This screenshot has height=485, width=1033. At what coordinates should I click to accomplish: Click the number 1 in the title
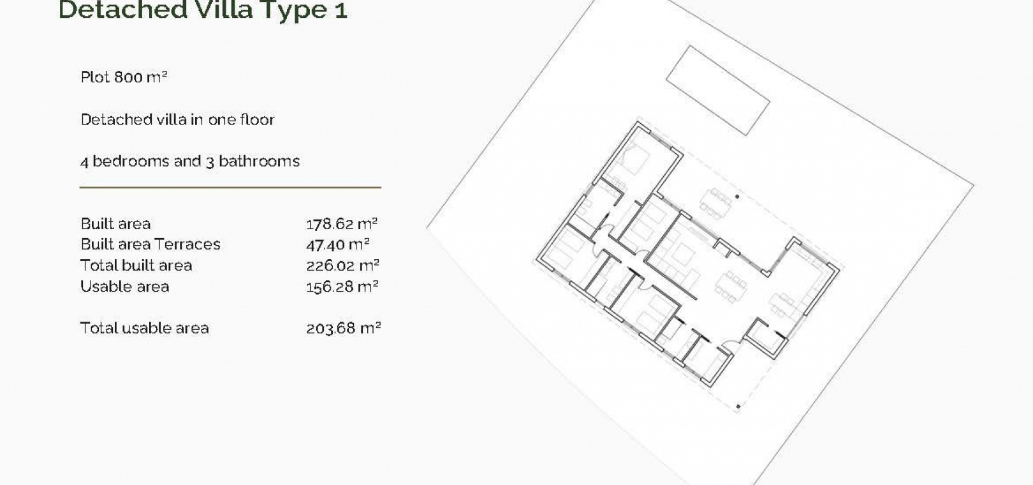pos(341,10)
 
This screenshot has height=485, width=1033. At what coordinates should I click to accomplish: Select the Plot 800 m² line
pos(124,77)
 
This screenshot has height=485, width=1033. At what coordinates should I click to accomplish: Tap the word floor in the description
pos(258,119)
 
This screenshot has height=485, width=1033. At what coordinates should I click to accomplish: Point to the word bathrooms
pos(259,161)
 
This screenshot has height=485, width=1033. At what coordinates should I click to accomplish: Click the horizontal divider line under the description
pos(230,188)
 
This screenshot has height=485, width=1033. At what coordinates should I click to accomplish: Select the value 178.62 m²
pos(342,224)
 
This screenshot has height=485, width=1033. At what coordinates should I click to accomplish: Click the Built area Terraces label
pos(150,244)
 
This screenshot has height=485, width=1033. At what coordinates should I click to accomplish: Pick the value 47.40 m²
pos(337,244)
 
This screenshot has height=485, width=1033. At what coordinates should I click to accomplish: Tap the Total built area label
pos(136,265)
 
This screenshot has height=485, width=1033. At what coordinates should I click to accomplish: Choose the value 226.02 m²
pos(342,265)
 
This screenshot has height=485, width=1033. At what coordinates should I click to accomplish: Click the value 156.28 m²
pos(342,287)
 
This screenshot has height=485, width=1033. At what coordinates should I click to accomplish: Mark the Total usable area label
pos(144,328)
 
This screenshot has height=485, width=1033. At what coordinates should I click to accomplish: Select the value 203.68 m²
pos(344,328)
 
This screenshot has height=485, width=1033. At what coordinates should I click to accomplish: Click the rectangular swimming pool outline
pos(718,91)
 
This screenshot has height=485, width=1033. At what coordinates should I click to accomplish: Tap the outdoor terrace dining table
pos(715,203)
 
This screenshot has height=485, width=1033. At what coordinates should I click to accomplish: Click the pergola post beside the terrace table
pos(737,197)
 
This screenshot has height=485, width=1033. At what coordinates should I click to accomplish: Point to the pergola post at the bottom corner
pos(738,407)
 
